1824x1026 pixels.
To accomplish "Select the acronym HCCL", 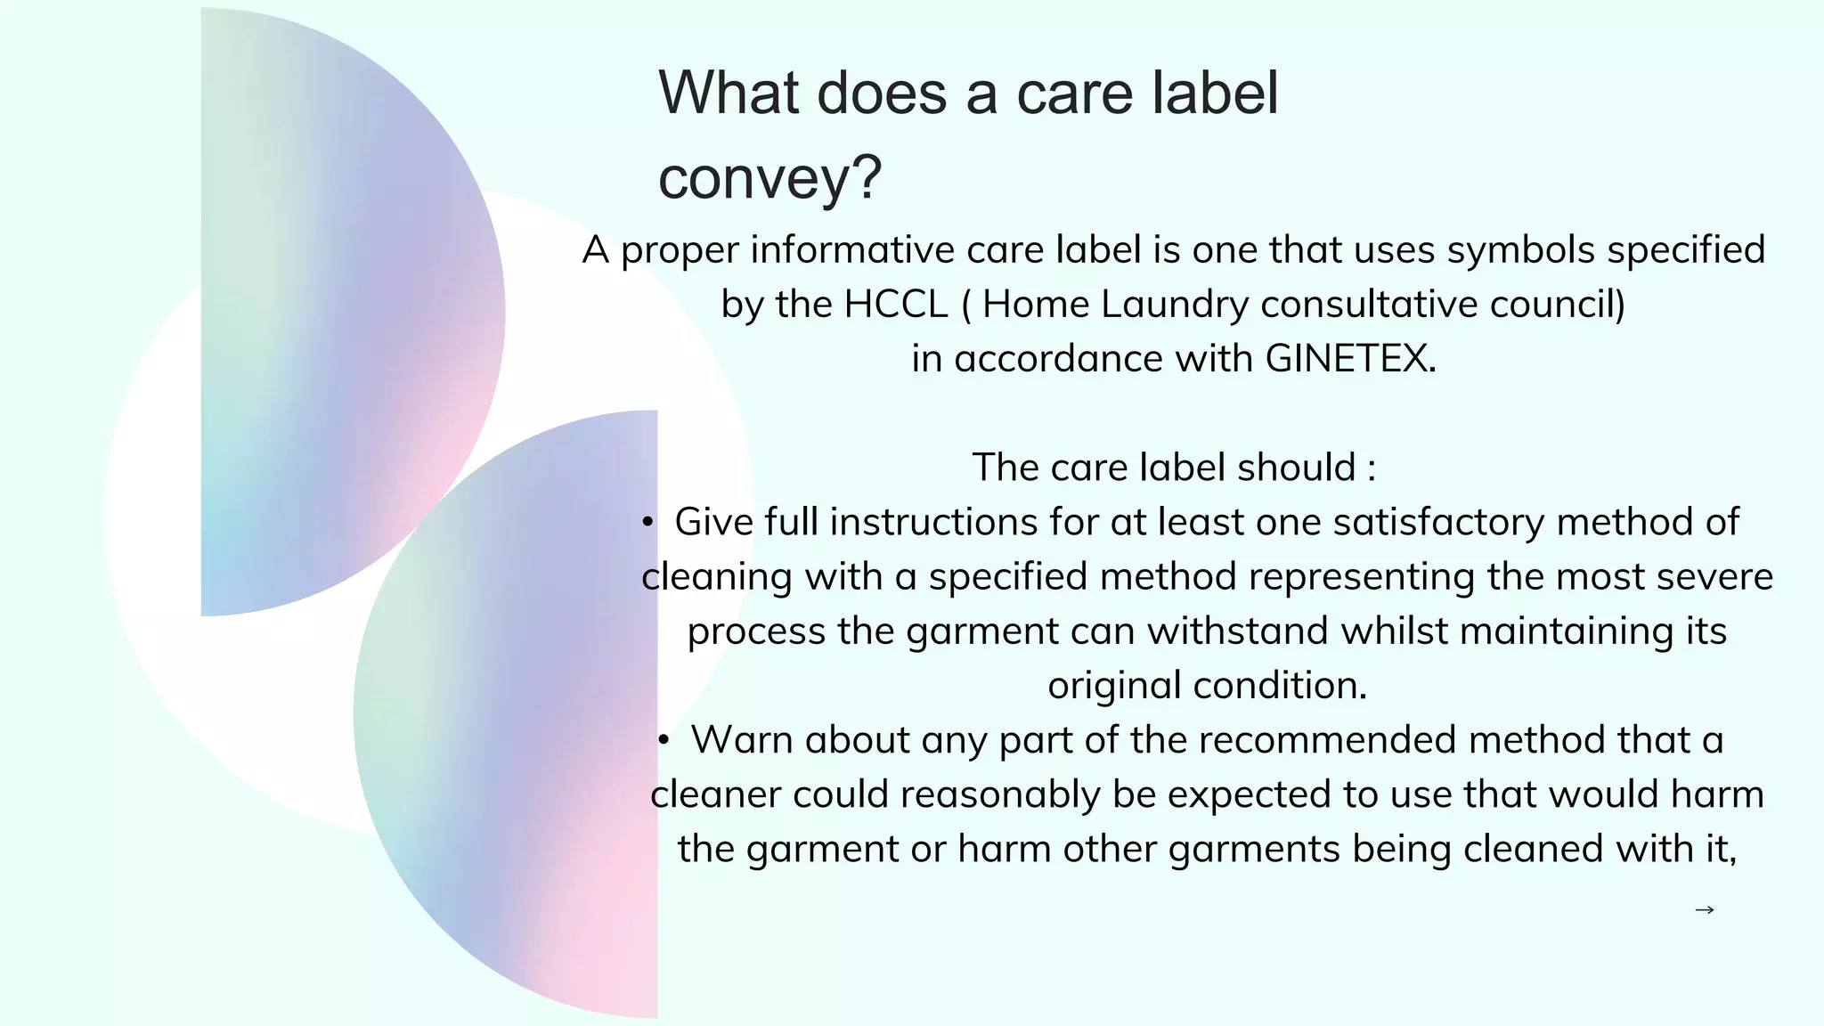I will (x=895, y=305).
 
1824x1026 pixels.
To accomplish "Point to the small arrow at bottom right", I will (x=1704, y=909).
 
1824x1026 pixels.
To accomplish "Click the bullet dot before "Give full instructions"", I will (x=647, y=523).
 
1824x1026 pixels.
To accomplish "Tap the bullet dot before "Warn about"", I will (x=664, y=741).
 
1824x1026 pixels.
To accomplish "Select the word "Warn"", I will (x=742, y=740).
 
